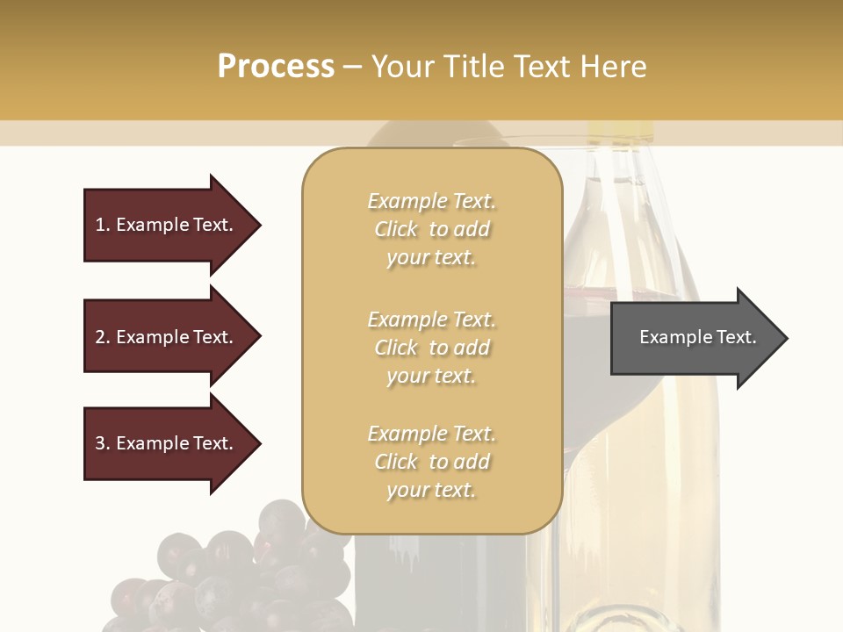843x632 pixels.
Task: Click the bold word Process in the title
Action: pyautogui.click(x=276, y=66)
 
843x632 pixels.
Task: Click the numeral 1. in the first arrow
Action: pyautogui.click(x=103, y=225)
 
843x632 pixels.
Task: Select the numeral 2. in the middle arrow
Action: pyautogui.click(x=103, y=337)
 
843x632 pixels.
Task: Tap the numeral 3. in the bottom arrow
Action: pyautogui.click(x=103, y=443)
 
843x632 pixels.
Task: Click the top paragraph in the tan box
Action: pyautogui.click(x=431, y=229)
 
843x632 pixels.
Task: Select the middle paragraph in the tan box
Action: pyautogui.click(x=431, y=348)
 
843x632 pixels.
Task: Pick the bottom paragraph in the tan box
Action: pyautogui.click(x=431, y=462)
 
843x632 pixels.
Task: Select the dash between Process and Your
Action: pyautogui.click(x=353, y=66)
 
